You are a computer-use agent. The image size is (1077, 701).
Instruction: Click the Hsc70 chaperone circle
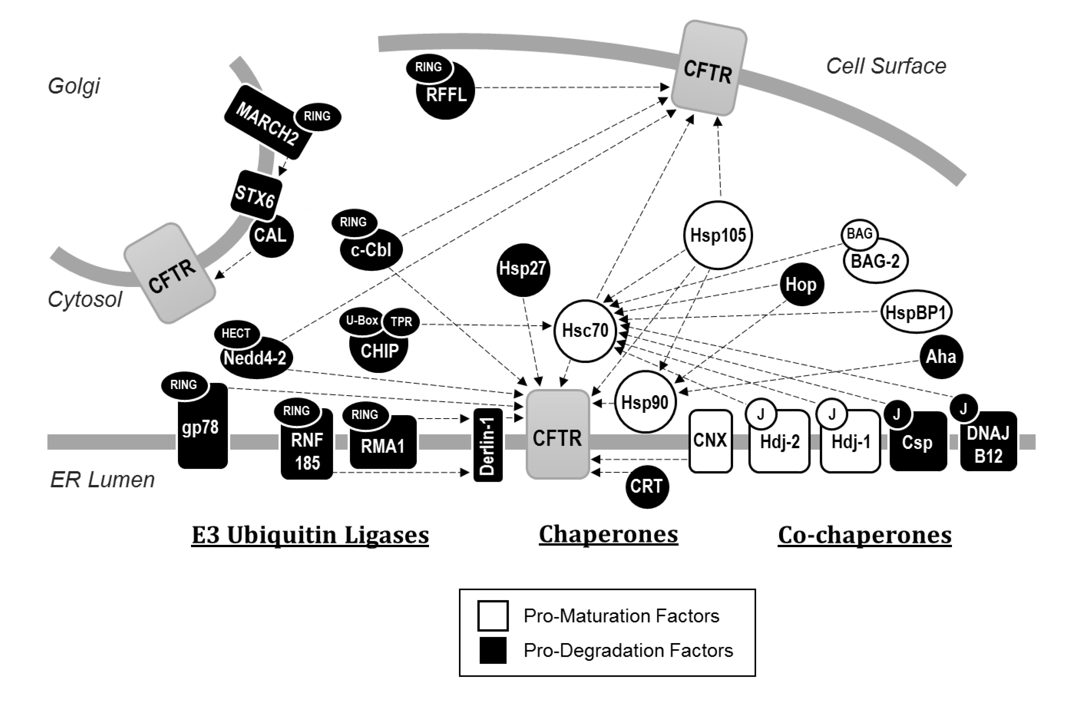[x=586, y=331]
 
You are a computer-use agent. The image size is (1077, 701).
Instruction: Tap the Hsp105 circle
[x=718, y=235]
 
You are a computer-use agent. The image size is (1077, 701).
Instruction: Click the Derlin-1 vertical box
[x=488, y=445]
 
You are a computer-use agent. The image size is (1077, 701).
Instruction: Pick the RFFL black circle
[x=445, y=91]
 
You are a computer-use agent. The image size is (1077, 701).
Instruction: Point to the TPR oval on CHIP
[x=401, y=322]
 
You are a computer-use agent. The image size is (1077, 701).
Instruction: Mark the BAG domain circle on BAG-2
[x=859, y=234]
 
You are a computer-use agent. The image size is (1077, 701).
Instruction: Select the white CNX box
[x=710, y=441]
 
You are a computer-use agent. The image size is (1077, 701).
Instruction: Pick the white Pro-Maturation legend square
[x=493, y=616]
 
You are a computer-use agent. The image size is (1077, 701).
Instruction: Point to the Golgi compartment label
[x=74, y=86]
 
